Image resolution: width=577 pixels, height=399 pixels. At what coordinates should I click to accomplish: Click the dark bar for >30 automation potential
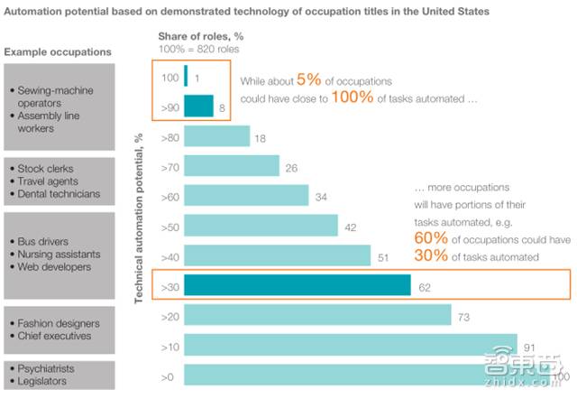pos(298,285)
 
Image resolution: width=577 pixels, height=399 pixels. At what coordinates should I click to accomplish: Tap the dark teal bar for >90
pos(198,106)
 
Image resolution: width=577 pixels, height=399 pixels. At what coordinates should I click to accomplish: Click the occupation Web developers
pos(54,267)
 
